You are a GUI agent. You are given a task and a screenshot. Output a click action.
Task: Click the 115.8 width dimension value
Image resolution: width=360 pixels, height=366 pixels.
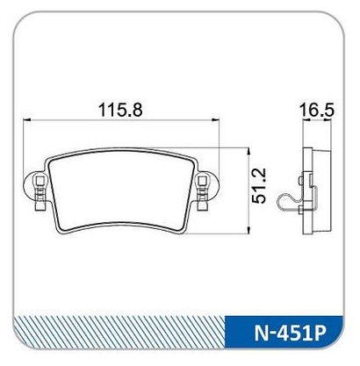(x=120, y=110)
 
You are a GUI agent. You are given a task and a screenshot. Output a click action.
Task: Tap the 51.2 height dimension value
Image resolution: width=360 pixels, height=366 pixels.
(x=259, y=185)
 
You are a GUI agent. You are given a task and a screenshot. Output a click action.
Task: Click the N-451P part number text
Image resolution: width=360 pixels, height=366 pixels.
(x=290, y=334)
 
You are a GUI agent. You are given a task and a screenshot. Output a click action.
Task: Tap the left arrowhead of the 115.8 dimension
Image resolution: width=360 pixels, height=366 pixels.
(x=26, y=119)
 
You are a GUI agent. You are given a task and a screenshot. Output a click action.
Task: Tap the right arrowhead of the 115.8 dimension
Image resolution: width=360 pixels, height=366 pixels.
(x=215, y=119)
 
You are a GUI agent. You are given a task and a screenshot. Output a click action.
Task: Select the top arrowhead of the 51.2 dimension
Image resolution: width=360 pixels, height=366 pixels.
(x=248, y=152)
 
